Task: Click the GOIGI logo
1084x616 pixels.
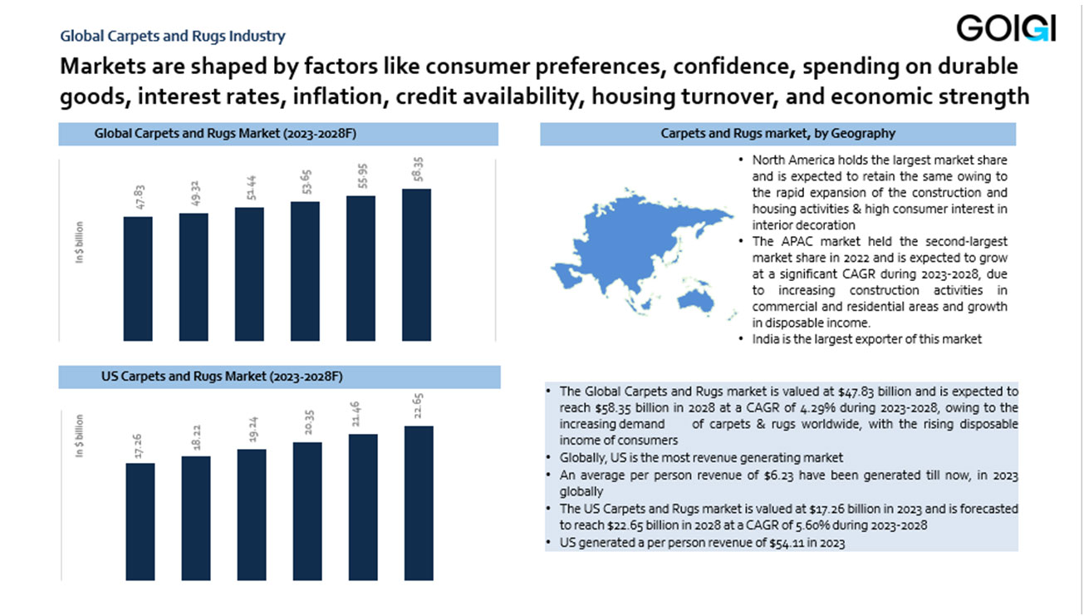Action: click(1006, 28)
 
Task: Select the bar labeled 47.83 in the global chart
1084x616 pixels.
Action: click(138, 278)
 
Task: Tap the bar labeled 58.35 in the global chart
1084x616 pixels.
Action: click(416, 264)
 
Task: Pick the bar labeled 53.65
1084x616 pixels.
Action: click(305, 270)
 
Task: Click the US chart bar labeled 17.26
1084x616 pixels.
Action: click(140, 520)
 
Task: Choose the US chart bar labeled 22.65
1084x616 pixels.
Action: click(419, 502)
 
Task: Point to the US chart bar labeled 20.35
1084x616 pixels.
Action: click(307, 510)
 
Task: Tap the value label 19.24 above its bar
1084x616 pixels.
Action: click(251, 431)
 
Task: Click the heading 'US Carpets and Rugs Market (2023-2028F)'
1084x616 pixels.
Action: click(222, 377)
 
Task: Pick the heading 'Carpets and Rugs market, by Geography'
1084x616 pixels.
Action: click(778, 134)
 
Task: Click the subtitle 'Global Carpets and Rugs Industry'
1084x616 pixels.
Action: click(173, 36)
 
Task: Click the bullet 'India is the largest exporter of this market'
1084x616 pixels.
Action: click(867, 339)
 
